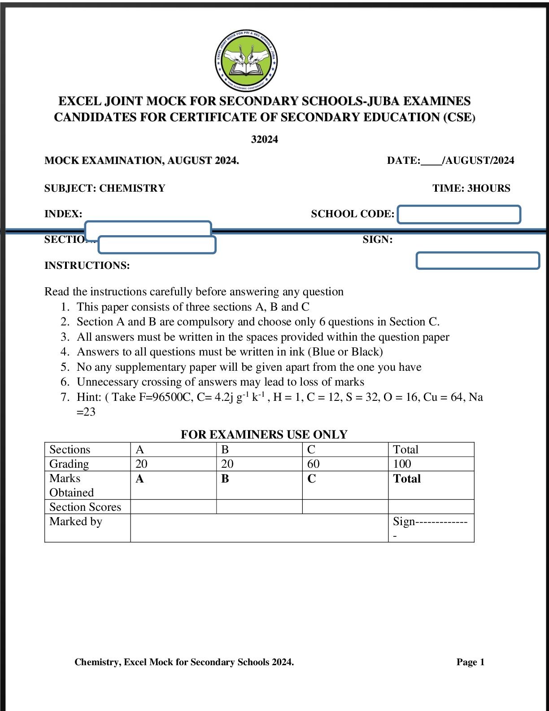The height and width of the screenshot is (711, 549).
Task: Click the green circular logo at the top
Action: click(246, 61)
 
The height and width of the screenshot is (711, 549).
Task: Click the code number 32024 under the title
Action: click(264, 140)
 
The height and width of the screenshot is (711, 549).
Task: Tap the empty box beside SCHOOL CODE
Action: click(459, 215)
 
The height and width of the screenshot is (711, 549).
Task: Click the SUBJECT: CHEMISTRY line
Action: click(105, 188)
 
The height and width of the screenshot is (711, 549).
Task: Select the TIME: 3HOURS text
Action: click(471, 188)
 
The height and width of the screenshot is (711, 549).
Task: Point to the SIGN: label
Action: click(377, 240)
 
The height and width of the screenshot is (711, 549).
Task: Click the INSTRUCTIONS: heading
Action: click(87, 265)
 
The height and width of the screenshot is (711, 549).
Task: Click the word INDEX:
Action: click(63, 214)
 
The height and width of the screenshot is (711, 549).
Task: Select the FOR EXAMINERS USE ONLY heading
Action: click(264, 434)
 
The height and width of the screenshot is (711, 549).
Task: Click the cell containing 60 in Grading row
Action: click(344, 464)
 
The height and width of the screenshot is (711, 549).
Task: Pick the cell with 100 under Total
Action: click(431, 464)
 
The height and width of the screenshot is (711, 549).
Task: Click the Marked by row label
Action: click(76, 522)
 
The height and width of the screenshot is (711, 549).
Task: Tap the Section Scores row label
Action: click(85, 507)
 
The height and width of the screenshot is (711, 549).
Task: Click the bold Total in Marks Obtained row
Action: click(407, 478)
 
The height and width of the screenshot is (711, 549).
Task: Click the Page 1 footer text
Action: click(470, 662)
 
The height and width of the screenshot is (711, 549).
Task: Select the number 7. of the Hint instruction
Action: click(65, 397)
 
